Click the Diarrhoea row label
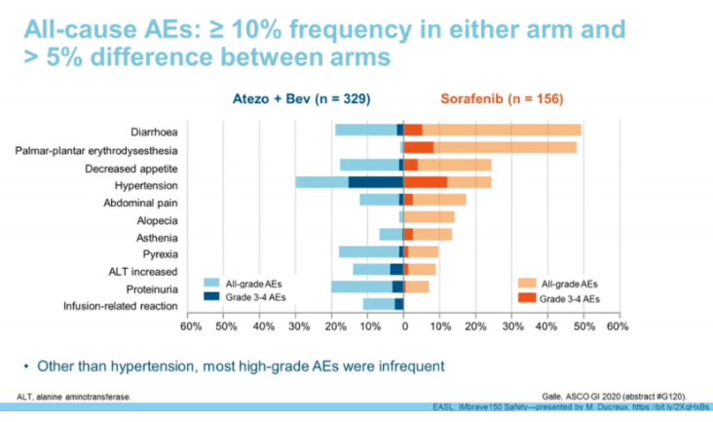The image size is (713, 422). pos(154,131)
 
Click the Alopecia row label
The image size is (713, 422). pos(157,220)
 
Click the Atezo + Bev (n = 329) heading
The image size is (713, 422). pos(301,98)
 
